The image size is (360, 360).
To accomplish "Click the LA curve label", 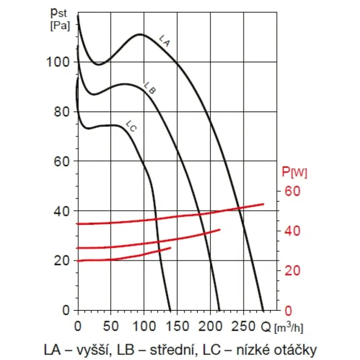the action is pos(165,41).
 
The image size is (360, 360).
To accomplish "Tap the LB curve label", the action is pos(150,88).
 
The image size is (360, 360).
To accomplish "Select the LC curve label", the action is pos(131,126).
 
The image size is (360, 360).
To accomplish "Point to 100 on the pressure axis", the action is pos(58,62).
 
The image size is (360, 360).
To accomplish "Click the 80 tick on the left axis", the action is pos(62,112).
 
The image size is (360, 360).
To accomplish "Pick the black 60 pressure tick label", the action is pos(62,161).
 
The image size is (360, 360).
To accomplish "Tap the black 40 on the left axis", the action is pos(62,211).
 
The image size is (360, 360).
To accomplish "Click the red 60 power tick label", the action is pos(292,191).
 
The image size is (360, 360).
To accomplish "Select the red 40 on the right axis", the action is pos(292,231).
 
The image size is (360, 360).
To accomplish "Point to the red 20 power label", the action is pos(292,271).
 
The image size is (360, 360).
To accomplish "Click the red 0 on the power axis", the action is pos(288,310).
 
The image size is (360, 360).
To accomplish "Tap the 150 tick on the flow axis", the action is pos(177,326).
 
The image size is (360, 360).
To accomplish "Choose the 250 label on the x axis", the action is pos(244,326).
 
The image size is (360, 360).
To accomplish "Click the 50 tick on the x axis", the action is pos(111,326).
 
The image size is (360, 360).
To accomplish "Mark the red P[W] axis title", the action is pos(294,172).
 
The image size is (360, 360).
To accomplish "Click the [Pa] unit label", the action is pos(60,26).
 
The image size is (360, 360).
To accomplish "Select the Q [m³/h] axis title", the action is pos(282,327).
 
